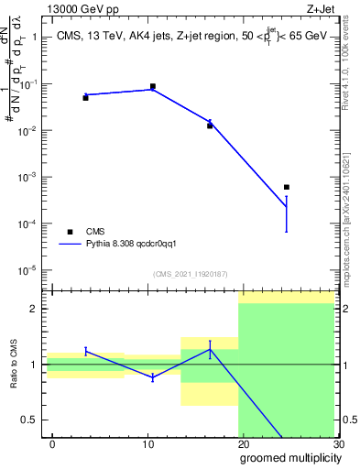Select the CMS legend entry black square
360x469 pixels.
(x=70, y=232)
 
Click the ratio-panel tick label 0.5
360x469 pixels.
(x=29, y=420)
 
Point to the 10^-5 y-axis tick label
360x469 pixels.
(x=28, y=270)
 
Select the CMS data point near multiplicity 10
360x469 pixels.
(x=152, y=86)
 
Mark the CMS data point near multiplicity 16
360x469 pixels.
(x=210, y=125)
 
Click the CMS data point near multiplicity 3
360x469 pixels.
(x=85, y=97)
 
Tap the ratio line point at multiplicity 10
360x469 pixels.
(x=152, y=377)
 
